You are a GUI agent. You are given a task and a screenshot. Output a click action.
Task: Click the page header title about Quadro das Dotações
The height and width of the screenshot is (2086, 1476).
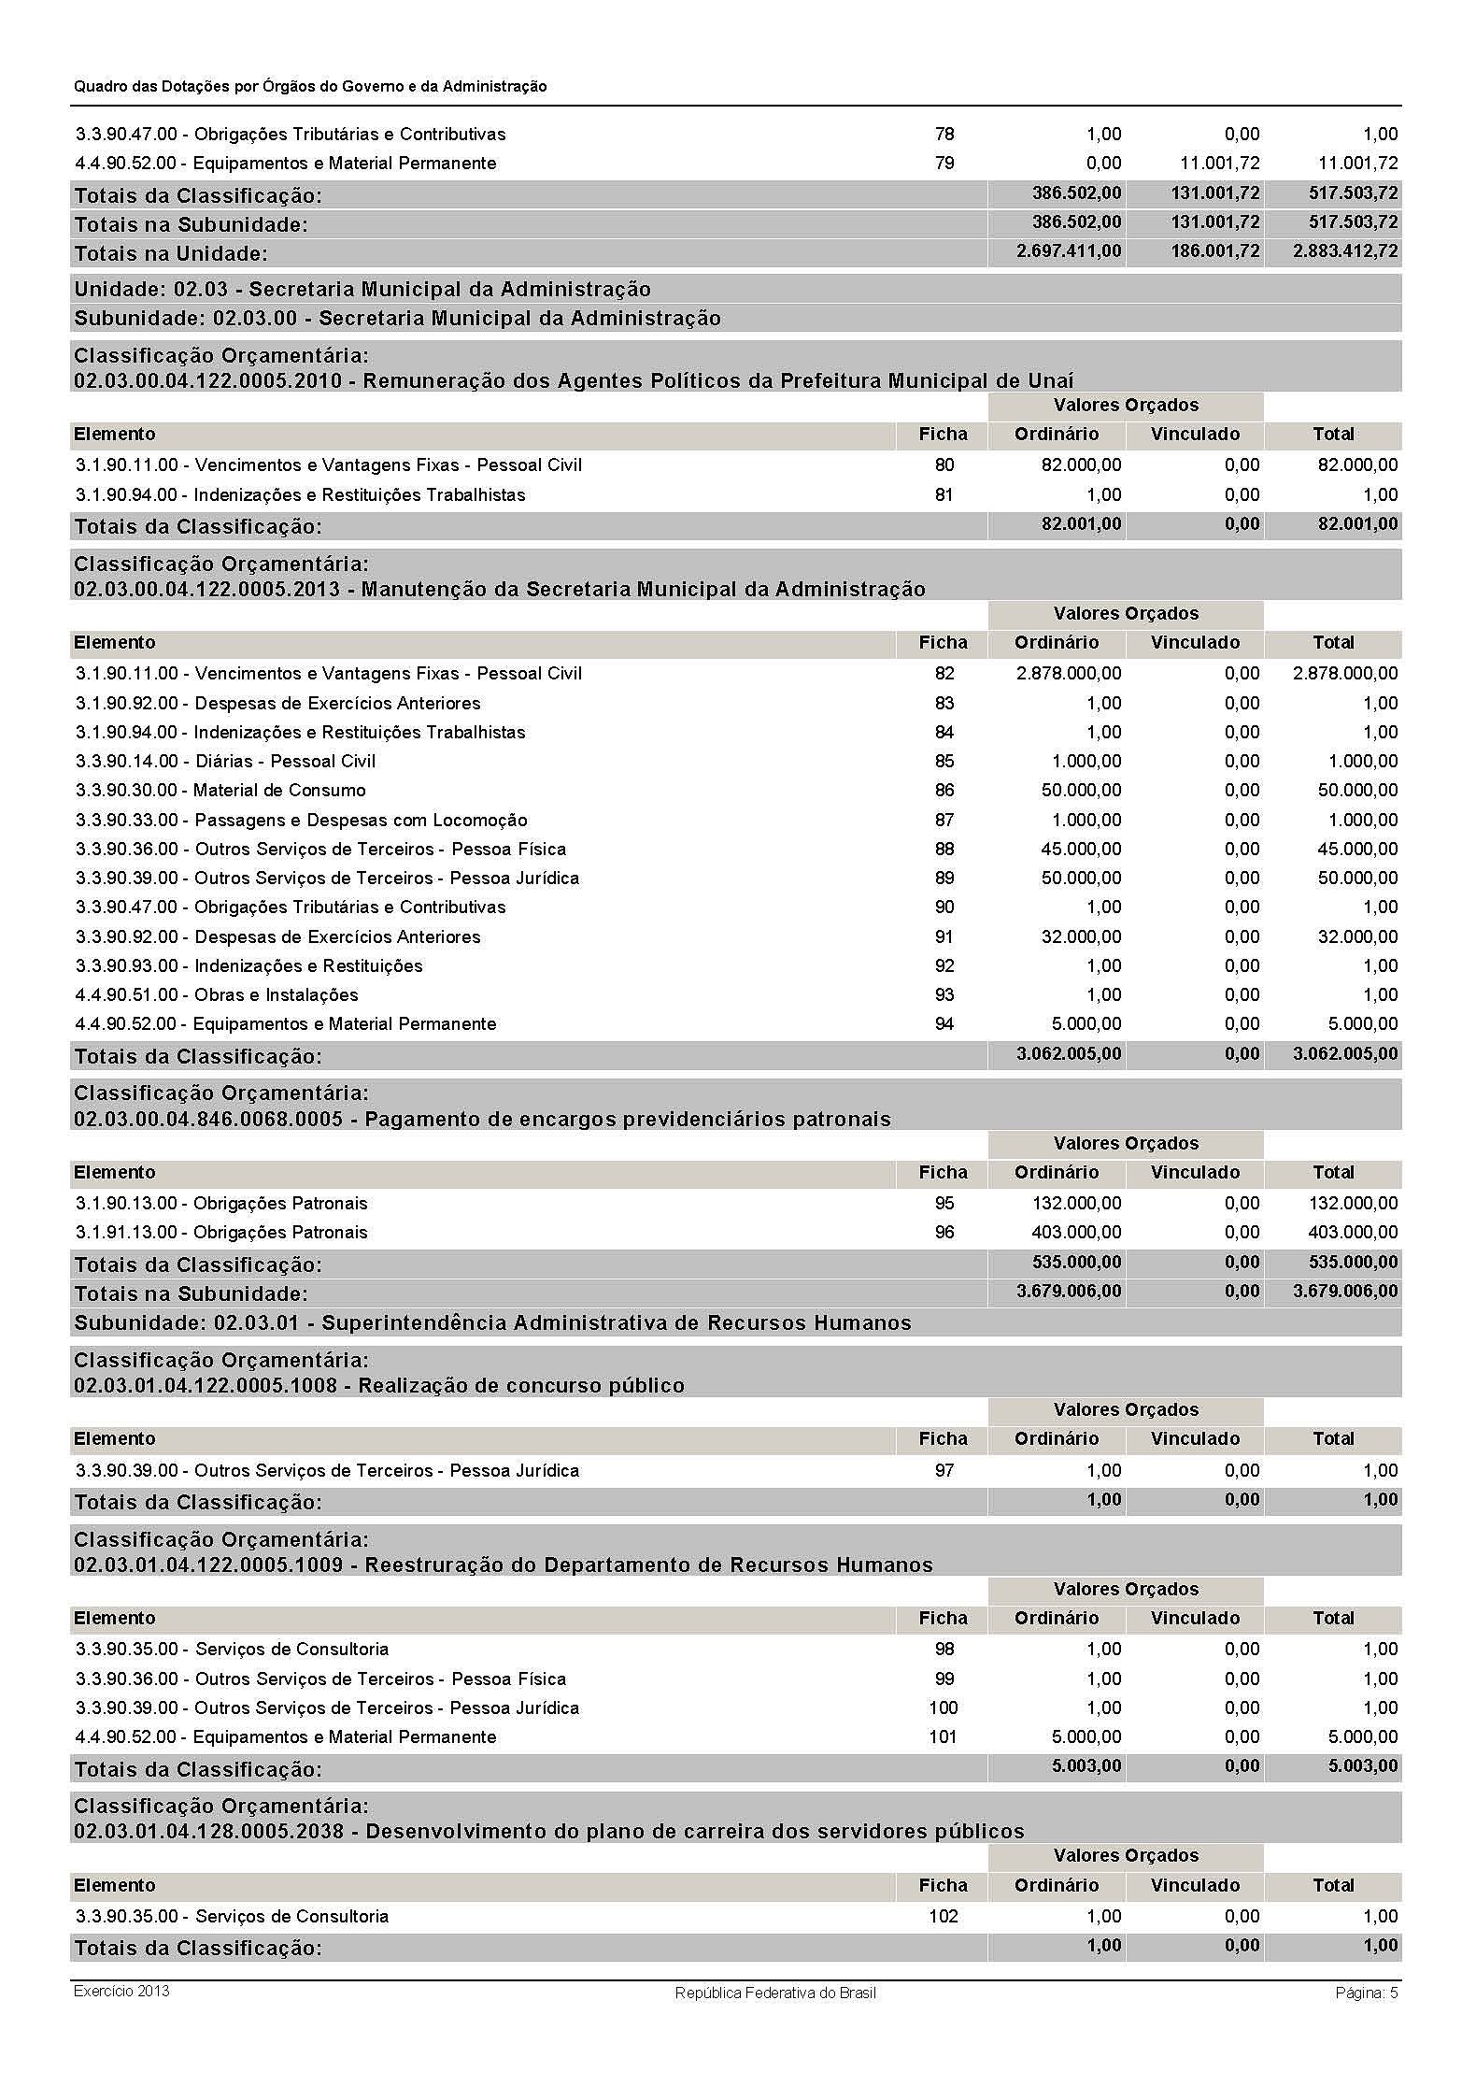[x=310, y=86]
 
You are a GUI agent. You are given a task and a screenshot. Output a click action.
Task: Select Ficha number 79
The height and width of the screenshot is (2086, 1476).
[x=944, y=164]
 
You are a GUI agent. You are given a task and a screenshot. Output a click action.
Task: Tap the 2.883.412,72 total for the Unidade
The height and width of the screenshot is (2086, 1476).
[x=1345, y=251]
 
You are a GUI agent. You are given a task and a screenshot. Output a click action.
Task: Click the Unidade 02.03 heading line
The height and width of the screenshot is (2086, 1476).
[x=362, y=289]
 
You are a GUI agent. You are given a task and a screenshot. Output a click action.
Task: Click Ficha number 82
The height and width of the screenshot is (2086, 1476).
[x=944, y=674]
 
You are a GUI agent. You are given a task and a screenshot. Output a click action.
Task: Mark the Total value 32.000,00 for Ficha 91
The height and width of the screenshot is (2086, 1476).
[x=1357, y=937]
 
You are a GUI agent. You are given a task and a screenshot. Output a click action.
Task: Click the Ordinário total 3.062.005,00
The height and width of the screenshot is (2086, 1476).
[x=1069, y=1054]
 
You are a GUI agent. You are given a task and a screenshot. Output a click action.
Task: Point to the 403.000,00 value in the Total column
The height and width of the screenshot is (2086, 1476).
[x=1353, y=1233]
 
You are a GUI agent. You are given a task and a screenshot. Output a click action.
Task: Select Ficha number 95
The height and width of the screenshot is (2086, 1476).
[x=944, y=1204]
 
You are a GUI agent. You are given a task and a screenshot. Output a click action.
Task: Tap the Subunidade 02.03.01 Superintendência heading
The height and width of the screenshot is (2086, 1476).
[x=492, y=1323]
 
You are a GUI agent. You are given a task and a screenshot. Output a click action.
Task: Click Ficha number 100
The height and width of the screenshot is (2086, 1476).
[x=944, y=1708]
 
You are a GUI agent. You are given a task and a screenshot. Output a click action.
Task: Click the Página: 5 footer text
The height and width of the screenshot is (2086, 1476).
[x=1366, y=1993]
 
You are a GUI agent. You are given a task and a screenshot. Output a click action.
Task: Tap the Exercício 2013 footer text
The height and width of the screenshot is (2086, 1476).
[x=121, y=1991]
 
